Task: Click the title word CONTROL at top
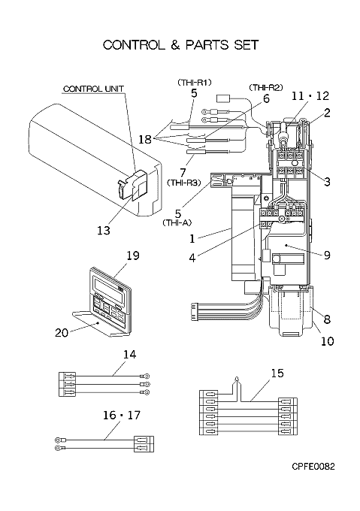[x=134, y=44]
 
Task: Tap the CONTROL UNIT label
[x=93, y=89]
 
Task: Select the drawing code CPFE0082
[x=313, y=467]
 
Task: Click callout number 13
[x=104, y=231]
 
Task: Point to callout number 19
[x=132, y=255]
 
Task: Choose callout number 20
[x=62, y=333]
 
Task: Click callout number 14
[x=129, y=354]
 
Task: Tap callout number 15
[x=277, y=373]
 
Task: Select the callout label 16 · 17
[x=122, y=415]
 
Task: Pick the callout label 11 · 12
[x=310, y=96]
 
